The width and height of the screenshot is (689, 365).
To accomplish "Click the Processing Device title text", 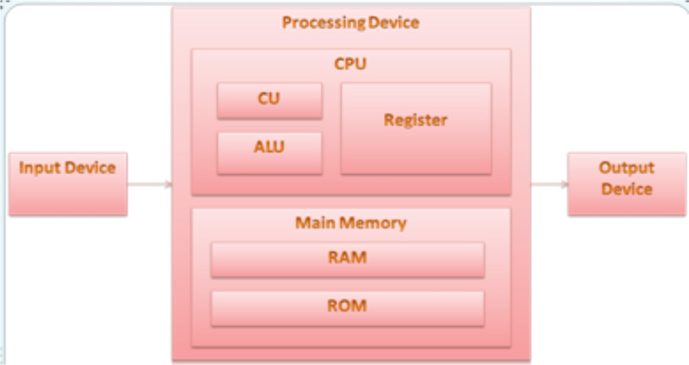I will [x=351, y=22].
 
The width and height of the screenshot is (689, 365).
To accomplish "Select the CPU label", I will [x=350, y=64].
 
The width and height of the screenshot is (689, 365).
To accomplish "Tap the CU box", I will [x=269, y=100].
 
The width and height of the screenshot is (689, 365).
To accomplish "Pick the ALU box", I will [x=269, y=153].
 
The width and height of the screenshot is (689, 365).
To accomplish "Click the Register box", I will [x=416, y=129].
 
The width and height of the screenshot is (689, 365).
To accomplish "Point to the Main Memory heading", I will [x=351, y=223].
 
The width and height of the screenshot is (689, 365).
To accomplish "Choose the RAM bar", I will [x=347, y=259].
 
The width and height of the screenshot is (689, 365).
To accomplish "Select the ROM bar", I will [x=347, y=308].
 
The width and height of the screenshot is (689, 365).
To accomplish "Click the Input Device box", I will [x=68, y=184].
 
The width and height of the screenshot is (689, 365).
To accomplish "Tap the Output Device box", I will [x=627, y=184].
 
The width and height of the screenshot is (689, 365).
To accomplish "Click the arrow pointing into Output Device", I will [x=549, y=185].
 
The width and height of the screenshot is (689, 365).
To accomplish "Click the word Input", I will [x=40, y=168].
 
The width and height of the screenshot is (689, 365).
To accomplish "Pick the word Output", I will [x=627, y=167].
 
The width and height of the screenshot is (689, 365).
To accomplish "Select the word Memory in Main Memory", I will [x=373, y=223].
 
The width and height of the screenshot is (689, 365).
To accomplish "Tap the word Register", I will [x=416, y=120].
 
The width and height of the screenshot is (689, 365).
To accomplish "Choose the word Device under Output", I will [x=627, y=189].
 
